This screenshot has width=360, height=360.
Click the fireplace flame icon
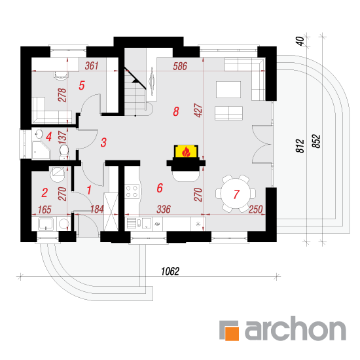[186, 152]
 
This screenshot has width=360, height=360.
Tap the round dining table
[236, 194]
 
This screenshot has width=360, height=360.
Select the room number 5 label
[82, 85]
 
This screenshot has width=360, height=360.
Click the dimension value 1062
[170, 271]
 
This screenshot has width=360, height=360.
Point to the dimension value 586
[180, 66]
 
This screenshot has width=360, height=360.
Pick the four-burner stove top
[132, 192]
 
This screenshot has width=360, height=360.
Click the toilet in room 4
[64, 151]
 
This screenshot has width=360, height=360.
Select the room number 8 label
[176, 111]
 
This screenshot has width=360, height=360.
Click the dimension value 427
[198, 111]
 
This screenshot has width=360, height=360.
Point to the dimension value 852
[316, 141]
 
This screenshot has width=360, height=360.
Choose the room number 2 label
[45, 192]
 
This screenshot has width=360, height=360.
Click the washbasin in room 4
[38, 134]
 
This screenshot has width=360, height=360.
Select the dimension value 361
[92, 66]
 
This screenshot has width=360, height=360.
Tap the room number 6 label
[160, 188]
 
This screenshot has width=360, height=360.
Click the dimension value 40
[300, 41]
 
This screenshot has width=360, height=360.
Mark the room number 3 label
[103, 142]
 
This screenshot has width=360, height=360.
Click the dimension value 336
[164, 209]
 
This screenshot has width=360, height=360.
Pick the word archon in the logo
[295, 329]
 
